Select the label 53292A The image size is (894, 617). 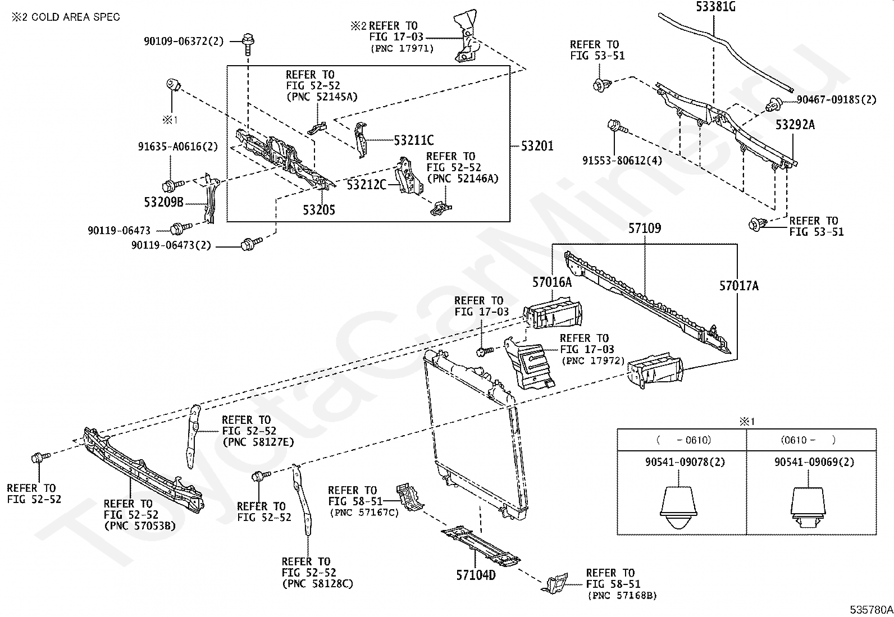click(x=795, y=125)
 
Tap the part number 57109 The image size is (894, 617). click(x=644, y=228)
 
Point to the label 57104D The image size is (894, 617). click(x=476, y=575)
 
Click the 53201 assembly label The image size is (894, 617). click(x=537, y=146)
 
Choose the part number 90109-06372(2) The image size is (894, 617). click(x=183, y=41)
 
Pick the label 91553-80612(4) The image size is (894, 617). click(x=622, y=161)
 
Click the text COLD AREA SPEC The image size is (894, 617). click(x=75, y=17)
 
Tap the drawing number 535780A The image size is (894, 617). click(x=870, y=610)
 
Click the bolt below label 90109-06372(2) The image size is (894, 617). click(x=247, y=40)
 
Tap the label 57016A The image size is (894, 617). click(x=552, y=282)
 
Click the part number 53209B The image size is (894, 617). click(x=163, y=202)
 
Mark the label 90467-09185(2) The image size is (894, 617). click(x=836, y=100)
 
